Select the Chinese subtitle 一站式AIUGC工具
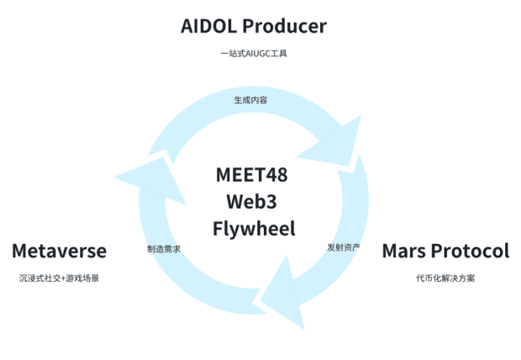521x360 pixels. pos(254,54)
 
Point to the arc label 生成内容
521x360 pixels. pos(250,100)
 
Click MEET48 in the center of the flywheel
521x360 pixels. pos(252,175)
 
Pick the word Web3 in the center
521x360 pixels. pos(252,202)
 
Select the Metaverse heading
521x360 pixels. pos(59,251)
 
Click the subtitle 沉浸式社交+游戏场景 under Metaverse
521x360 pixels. pos(59,278)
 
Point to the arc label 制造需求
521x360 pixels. pos(164,250)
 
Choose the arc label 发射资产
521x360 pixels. pos(344,247)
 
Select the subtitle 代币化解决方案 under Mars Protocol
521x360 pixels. pos(445,278)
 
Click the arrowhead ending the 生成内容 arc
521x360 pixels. pos(336,143)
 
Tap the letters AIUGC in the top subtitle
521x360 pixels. pos(255,54)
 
